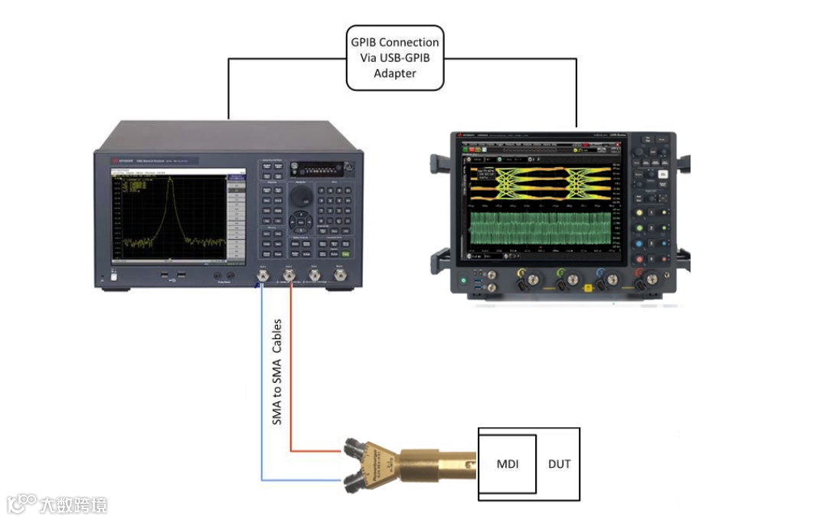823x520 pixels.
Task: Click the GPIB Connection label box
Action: (394, 57)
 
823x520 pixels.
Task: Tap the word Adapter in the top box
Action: (394, 74)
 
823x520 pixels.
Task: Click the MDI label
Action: (507, 464)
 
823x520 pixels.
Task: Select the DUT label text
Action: (559, 464)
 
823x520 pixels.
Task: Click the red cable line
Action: (290, 368)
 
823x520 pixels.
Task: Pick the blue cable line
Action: (262, 383)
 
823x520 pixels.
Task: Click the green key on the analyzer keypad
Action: (346, 253)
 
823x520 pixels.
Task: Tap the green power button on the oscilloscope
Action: (463, 282)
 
